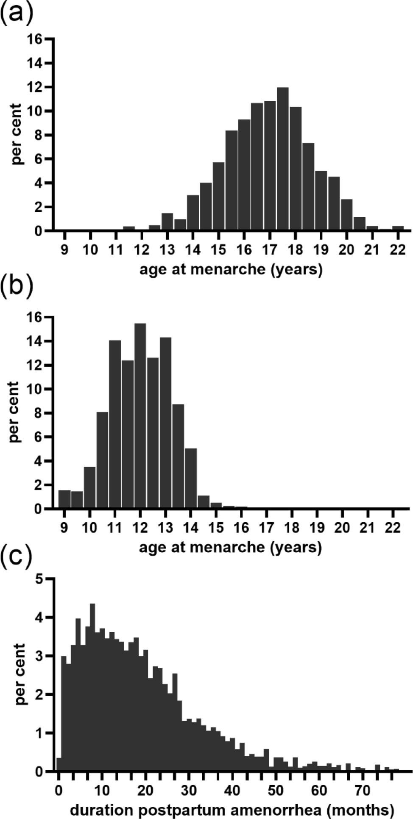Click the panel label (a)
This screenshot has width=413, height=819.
tap(17, 16)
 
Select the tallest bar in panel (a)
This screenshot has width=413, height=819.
tap(282, 161)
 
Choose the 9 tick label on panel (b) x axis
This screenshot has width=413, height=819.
tap(64, 528)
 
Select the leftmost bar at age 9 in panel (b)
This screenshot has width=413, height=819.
tap(64, 500)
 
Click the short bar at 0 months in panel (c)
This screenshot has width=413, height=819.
tap(59, 764)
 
